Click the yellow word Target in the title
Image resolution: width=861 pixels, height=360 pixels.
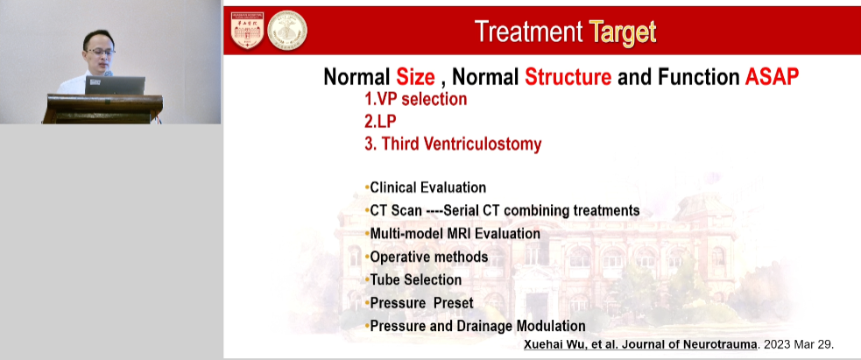[623, 32]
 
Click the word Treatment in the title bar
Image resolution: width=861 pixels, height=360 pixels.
[528, 31]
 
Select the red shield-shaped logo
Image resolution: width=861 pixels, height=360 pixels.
[247, 30]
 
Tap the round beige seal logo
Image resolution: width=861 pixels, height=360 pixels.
[287, 30]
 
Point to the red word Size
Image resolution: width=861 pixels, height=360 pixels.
[415, 77]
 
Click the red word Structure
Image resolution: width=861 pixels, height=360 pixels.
[568, 77]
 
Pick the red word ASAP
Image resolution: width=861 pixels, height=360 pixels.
[772, 77]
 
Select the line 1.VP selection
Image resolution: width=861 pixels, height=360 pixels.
[416, 99]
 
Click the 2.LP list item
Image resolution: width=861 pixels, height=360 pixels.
[380, 121]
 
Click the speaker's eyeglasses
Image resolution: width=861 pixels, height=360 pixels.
[101, 52]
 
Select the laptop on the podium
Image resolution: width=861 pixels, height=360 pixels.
[116, 86]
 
